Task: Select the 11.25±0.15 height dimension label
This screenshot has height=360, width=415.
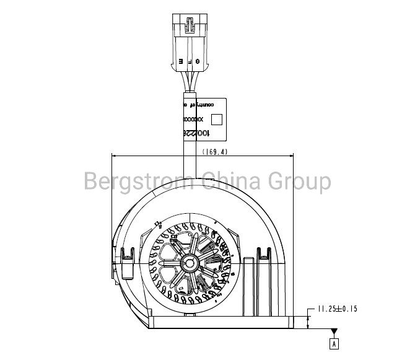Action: (338, 308)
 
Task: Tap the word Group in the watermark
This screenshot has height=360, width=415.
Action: (299, 182)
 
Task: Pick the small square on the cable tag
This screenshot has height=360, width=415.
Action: (217, 119)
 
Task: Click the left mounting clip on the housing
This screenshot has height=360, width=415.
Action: (129, 255)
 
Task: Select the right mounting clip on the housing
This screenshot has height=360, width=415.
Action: (265, 255)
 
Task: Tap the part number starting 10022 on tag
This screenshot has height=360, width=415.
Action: (194, 133)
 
